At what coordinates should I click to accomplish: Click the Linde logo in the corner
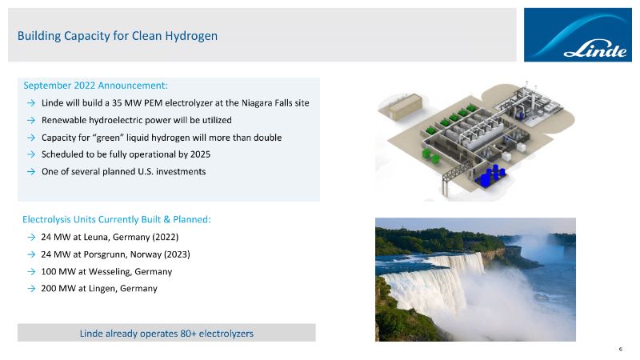(x=578, y=34)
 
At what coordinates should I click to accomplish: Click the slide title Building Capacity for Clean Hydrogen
(x=117, y=36)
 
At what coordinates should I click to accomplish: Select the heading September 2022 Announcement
(x=95, y=86)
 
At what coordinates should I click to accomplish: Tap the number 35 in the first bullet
(x=117, y=103)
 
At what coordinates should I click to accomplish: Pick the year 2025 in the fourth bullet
(x=200, y=154)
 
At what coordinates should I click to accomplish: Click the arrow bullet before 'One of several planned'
(x=31, y=171)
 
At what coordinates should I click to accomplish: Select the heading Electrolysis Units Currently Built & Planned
(x=117, y=219)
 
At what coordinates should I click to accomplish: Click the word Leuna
(x=96, y=237)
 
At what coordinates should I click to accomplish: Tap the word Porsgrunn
(x=105, y=254)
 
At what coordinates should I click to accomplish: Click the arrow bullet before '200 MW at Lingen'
(x=31, y=289)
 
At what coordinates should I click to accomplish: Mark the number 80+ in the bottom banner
(x=188, y=334)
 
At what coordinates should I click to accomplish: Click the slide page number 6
(x=621, y=349)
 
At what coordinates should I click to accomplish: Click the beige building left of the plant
(x=404, y=107)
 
